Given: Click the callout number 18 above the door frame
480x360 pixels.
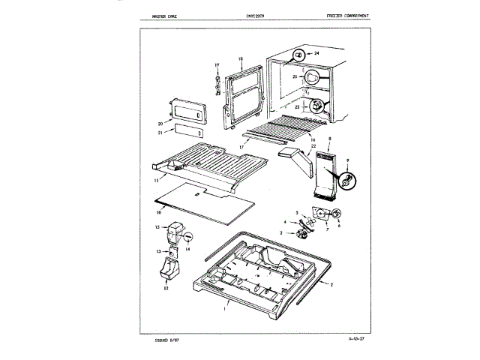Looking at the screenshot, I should click(241, 58).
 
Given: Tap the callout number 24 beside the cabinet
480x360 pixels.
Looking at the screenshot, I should click(316, 54).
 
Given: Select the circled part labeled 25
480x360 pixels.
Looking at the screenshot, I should click(311, 77).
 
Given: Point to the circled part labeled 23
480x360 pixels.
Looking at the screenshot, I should click(319, 108).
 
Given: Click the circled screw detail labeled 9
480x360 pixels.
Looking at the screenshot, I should click(346, 181).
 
